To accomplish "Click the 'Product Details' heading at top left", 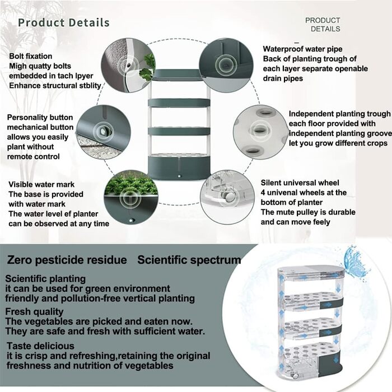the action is coord(64,22).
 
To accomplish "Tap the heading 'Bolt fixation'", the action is coord(30,56).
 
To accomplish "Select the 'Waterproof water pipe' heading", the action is coord(302,49).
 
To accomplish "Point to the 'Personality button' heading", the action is coord(40,117).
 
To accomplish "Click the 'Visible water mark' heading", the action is coord(41,184).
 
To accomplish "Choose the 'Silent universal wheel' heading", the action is coord(300,183).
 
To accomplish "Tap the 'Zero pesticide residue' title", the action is coord(67,260).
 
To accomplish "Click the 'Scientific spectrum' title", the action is coord(189,260).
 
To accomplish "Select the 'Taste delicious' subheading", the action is coord(40,346).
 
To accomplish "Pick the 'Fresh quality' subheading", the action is coord(34,311).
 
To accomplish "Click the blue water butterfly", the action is coord(354,262).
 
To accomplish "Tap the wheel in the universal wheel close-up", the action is coord(230,197).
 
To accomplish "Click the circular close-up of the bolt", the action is coord(128,66).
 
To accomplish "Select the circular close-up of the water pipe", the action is coord(226,65).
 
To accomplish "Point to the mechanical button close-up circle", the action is coord(103,132).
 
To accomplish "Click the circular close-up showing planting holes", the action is coord(260,132).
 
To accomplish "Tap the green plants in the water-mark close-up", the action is coord(131,184).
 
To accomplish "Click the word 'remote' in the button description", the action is coord(20,156).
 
